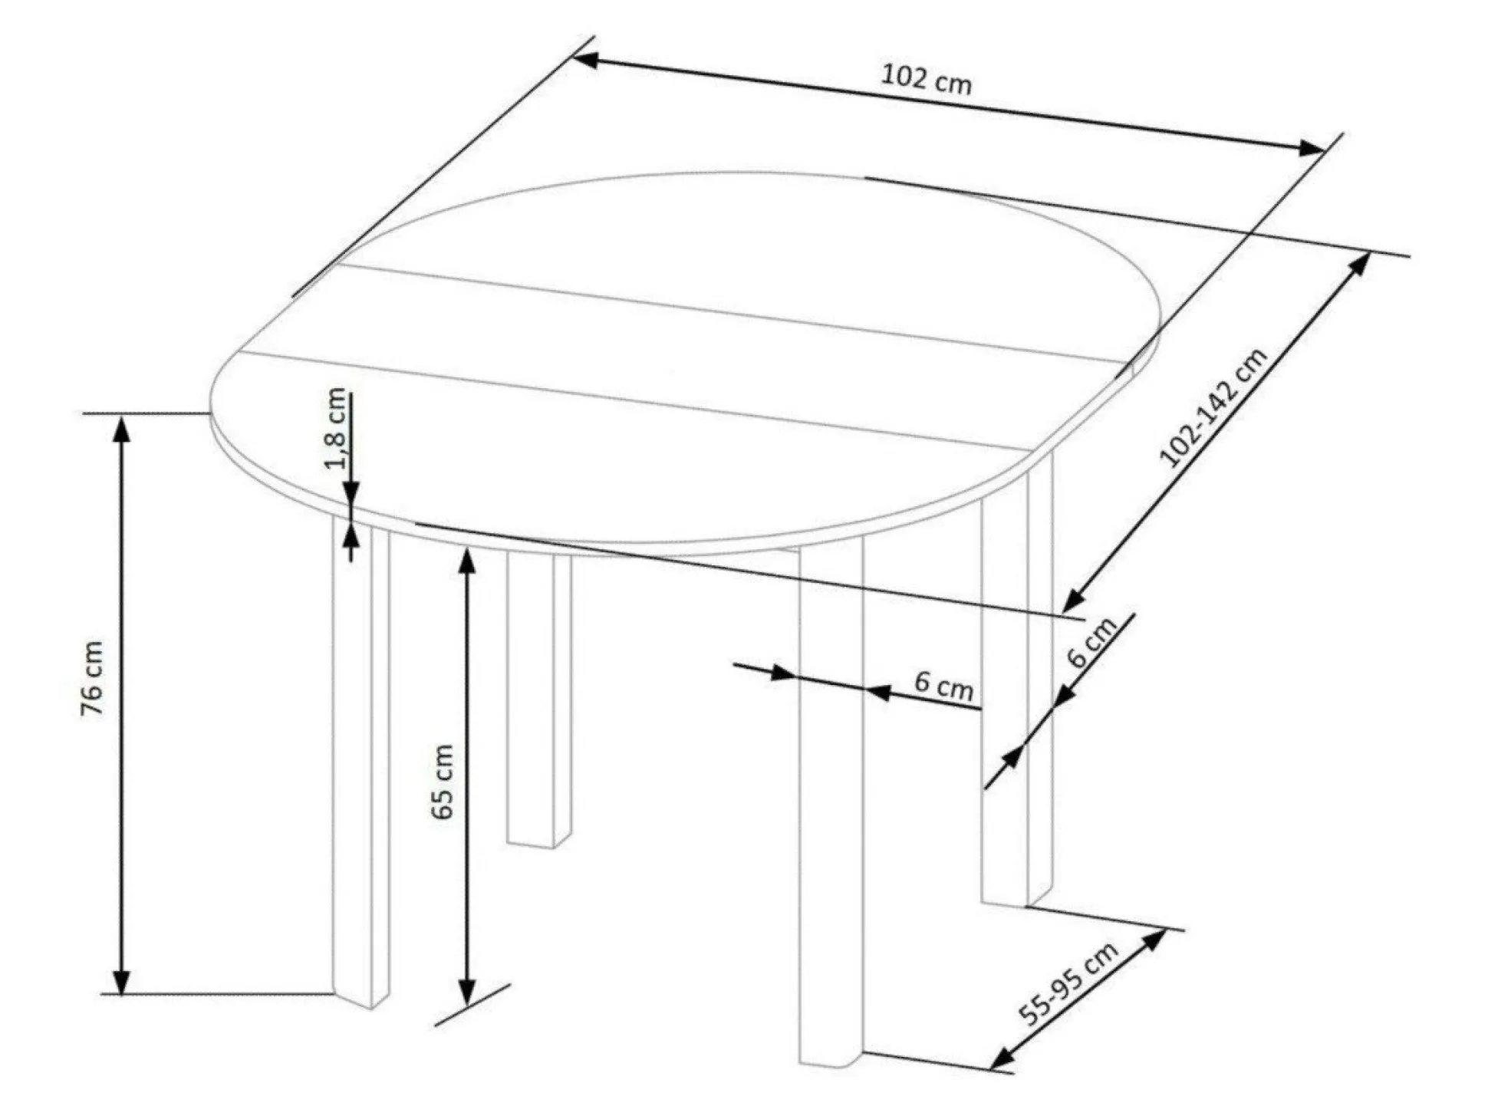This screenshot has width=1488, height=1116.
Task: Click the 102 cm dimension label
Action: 926,80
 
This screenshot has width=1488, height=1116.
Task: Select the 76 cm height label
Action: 92,678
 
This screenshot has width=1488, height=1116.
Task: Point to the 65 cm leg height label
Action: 443,782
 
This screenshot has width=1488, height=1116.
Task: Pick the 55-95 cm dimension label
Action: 1068,985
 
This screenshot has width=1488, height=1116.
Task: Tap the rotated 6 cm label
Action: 1092,642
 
